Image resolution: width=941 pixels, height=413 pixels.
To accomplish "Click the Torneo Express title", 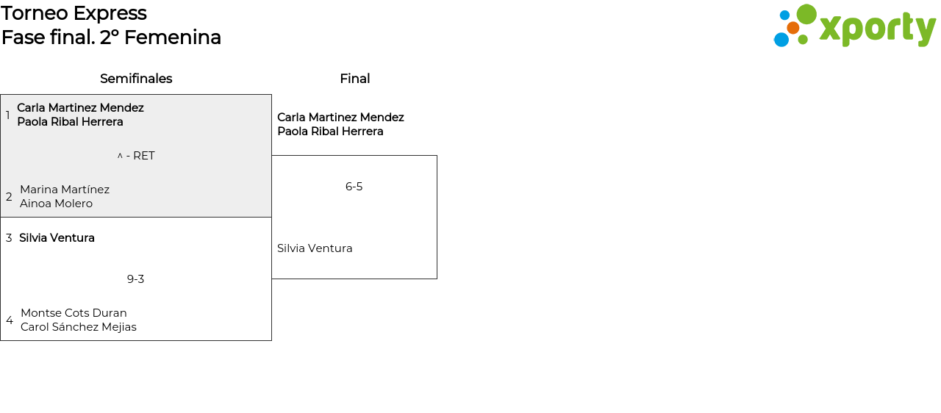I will coord(74,13).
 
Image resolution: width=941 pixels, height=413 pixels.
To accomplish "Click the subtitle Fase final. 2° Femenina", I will coord(111,37).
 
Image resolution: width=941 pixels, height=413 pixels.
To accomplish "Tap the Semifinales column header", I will coord(136,79).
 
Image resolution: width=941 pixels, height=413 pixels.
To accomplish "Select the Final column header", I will coord(354,79).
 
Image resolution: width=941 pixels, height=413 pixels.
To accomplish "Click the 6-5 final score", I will coord(354,187).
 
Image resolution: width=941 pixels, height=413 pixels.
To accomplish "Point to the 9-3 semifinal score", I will coord(135,279).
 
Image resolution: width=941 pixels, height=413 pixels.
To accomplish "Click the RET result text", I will coord(143,156).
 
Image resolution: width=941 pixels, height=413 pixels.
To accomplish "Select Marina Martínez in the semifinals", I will coord(65,190).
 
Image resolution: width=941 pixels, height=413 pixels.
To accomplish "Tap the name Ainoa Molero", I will coord(56,204).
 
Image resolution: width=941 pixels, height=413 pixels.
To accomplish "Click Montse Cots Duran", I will coord(74,313).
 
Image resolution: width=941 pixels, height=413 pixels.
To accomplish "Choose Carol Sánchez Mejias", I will coord(79,327).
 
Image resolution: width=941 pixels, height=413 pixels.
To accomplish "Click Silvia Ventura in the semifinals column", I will coord(57,238).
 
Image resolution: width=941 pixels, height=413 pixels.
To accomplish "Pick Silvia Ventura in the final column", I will coord(315,248).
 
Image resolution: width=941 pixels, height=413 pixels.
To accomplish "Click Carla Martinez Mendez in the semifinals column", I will coord(80,108).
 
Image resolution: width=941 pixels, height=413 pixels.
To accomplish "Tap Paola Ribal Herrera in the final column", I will coord(330,132).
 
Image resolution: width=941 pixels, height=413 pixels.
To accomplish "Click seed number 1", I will coord(8,115).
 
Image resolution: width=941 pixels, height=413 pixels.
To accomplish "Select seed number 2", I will coord(9,197).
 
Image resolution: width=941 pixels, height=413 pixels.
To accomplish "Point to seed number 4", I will coord(10,320).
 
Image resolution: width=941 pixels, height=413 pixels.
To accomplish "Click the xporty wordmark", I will coord(877,29).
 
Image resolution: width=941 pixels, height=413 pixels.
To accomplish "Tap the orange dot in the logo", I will coord(792,28).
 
